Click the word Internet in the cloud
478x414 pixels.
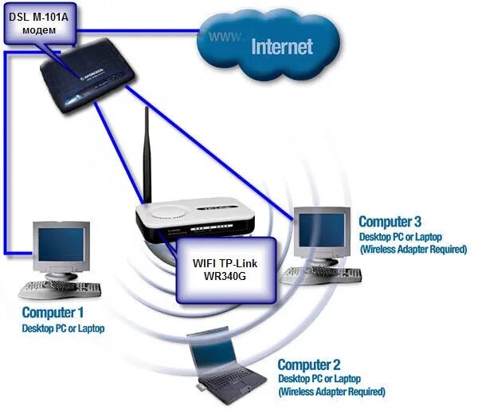[x=282, y=46]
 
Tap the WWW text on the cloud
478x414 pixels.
[x=225, y=37]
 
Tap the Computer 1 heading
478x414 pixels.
[x=53, y=312]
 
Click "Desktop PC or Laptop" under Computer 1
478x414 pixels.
[x=63, y=328]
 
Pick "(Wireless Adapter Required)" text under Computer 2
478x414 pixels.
[x=331, y=392]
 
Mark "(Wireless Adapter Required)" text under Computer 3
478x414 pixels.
[x=412, y=250]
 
